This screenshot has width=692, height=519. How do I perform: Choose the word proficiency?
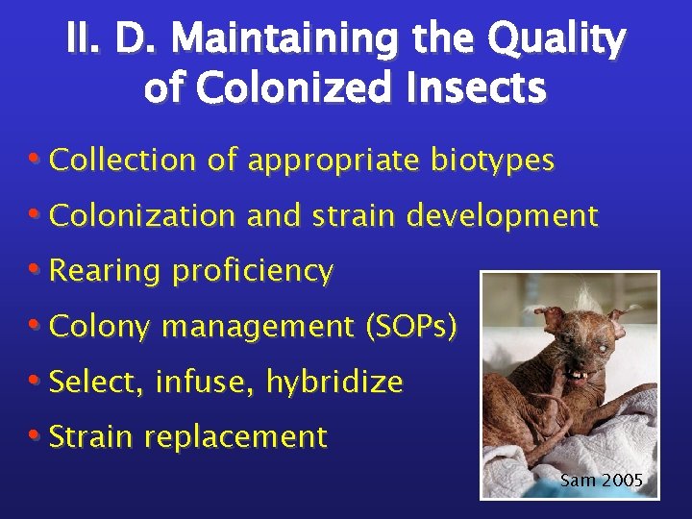tap(253, 272)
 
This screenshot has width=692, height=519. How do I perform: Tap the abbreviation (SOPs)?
tap(410, 327)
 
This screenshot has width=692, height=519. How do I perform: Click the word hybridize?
tap(334, 382)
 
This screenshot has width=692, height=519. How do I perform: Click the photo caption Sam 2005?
tap(601, 480)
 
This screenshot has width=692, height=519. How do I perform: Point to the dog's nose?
tap(581, 359)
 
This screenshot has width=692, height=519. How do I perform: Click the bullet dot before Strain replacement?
tap(36, 434)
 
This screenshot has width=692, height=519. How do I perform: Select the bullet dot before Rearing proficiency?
tap(36, 269)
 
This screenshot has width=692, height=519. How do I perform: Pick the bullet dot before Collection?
tap(36, 158)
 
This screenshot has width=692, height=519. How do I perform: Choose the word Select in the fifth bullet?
tap(92, 382)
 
